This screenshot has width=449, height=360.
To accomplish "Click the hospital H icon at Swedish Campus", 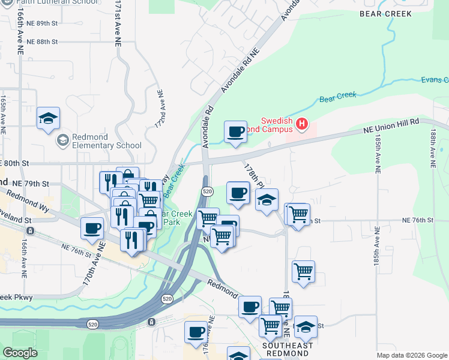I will [302, 125].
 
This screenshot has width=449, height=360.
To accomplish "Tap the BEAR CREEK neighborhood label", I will [385, 13].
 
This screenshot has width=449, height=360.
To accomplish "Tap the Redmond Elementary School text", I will [107, 140].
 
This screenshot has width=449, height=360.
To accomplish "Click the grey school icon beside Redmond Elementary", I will [62, 140].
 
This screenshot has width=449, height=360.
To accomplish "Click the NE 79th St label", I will [32, 183].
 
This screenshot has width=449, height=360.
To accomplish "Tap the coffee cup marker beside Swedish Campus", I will [235, 131].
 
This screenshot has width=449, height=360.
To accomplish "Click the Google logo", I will [19, 353].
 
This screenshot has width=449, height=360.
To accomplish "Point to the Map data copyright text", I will [411, 355].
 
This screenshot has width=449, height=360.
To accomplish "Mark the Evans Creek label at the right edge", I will [434, 80].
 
